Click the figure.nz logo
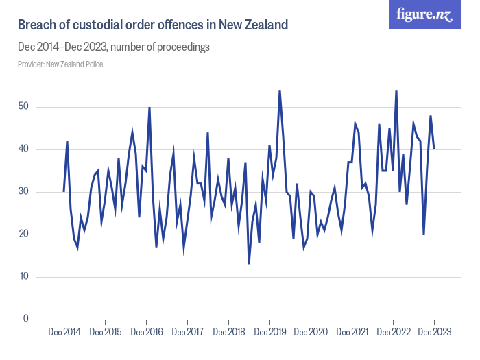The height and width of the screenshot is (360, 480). pyautogui.click(x=425, y=14)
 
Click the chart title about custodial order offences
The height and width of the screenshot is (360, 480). pyautogui.click(x=152, y=25)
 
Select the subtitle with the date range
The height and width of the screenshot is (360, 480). pyautogui.click(x=113, y=47)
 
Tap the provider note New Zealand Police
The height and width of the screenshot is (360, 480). pyautogui.click(x=60, y=64)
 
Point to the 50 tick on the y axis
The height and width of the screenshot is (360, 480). pyautogui.click(x=24, y=107)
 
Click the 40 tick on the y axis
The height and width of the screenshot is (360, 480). pyautogui.click(x=24, y=149)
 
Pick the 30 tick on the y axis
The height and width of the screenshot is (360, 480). pyautogui.click(x=24, y=192)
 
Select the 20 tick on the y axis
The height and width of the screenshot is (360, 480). pyautogui.click(x=24, y=235)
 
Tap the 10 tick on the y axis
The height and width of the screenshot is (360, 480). pyautogui.click(x=24, y=277)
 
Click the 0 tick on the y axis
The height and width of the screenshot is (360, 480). pyautogui.click(x=26, y=320)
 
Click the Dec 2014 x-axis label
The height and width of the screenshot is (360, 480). pyautogui.click(x=64, y=333)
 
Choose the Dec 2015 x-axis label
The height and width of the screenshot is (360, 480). pyautogui.click(x=105, y=333)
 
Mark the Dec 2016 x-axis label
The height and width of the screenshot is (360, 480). pyautogui.click(x=146, y=333)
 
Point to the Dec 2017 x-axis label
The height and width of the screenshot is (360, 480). pyautogui.click(x=187, y=333)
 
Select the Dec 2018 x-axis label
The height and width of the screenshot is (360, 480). pyautogui.click(x=228, y=333)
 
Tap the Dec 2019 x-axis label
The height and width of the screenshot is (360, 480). pyautogui.click(x=269, y=333)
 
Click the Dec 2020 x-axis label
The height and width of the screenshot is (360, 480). pyautogui.click(x=311, y=333)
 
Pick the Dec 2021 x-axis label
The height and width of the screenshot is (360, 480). pyautogui.click(x=352, y=333)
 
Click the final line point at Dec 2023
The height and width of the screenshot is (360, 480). pyautogui.click(x=434, y=149)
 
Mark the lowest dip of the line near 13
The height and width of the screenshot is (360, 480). pyautogui.click(x=249, y=264)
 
